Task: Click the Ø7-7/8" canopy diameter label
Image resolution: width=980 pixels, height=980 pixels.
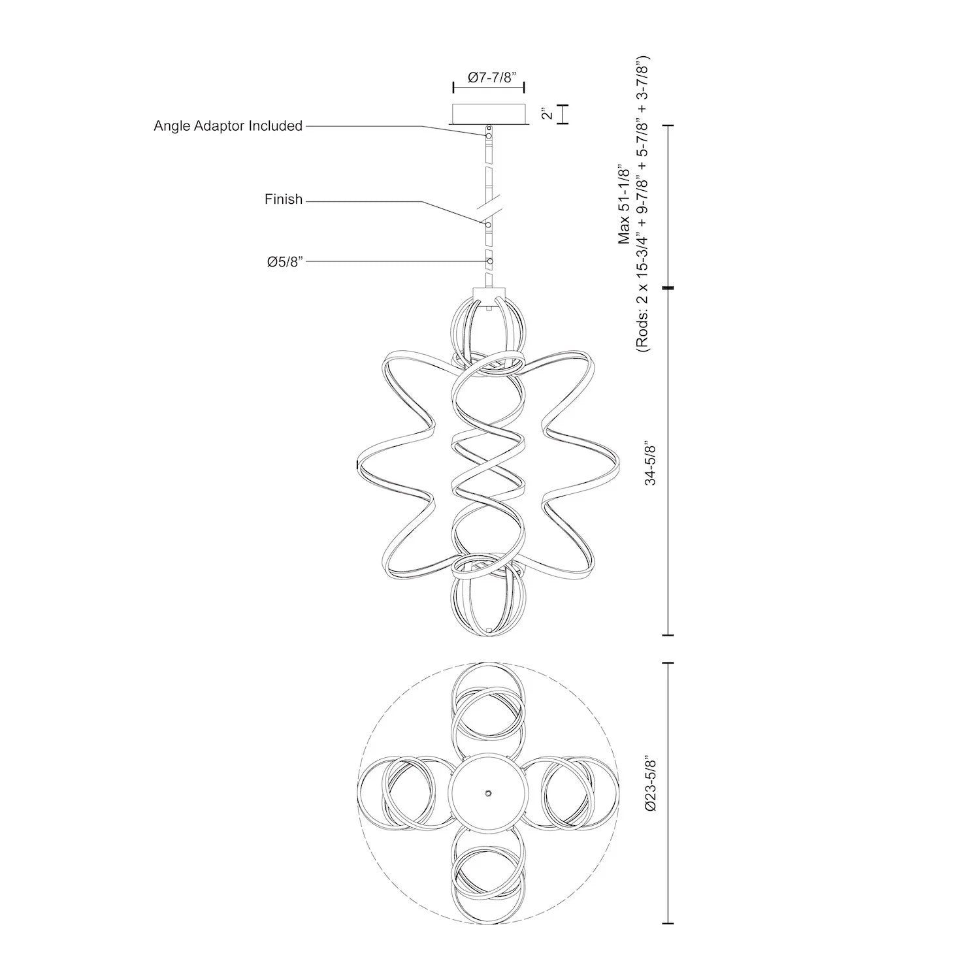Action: tap(489, 76)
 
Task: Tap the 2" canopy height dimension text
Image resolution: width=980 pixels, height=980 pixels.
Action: tap(547, 114)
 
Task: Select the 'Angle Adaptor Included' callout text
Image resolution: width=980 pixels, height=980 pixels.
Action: tap(228, 125)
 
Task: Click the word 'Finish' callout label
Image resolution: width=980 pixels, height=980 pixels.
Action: tap(284, 199)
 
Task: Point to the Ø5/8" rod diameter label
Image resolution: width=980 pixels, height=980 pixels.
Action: tap(285, 262)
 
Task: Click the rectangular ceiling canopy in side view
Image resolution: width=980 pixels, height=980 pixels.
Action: tap(488, 114)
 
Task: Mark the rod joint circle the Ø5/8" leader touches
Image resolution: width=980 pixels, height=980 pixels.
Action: tap(489, 261)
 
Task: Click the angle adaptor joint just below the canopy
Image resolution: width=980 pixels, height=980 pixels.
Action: tap(488, 135)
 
